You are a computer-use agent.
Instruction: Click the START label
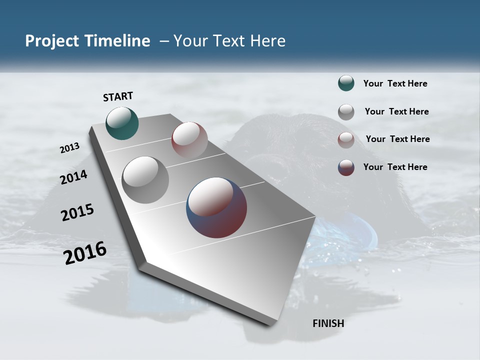pos(118,96)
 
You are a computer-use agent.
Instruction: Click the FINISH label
pos(328,323)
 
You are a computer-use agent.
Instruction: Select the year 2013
pos(70,148)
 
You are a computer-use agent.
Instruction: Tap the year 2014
pos(74,177)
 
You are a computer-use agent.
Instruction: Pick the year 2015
pos(77,212)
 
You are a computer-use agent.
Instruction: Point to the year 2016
pos(85,253)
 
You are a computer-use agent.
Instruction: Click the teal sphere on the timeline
pos(122,123)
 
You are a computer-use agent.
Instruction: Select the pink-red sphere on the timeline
pos(189,140)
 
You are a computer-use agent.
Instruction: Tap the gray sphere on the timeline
pos(145,179)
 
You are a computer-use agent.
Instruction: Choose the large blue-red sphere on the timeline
pos(216,207)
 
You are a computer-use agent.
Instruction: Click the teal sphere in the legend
pos(346,83)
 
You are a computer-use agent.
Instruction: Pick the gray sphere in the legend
pos(346,111)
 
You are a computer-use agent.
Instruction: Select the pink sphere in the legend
pos(346,139)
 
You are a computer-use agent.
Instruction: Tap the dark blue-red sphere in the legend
pos(346,167)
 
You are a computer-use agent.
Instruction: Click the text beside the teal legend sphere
pos(395,83)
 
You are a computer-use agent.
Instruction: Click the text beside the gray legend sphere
pos(396,111)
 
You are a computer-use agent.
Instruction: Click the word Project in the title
pos(51,41)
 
